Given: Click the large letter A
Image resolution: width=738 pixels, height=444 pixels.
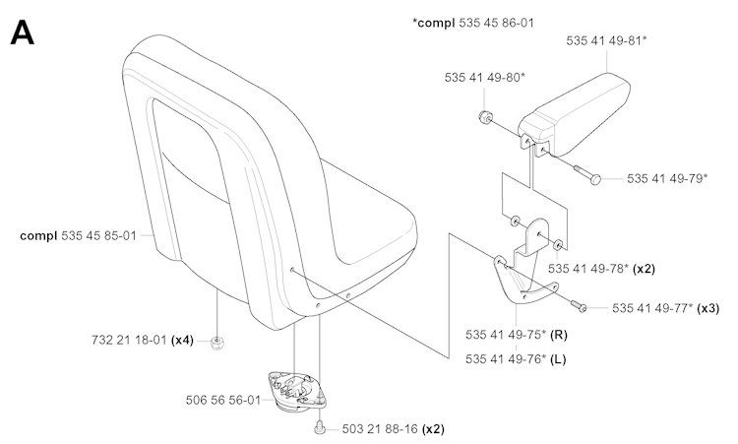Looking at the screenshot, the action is (x=22, y=32).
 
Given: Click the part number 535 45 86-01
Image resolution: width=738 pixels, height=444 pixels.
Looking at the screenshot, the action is (x=497, y=23).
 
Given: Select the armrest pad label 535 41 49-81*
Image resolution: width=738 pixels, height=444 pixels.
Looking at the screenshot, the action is (x=606, y=41).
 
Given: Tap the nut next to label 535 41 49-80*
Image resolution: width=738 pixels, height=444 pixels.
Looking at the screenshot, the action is (x=484, y=117).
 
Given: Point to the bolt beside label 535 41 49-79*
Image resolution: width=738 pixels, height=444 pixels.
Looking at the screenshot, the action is (x=587, y=173).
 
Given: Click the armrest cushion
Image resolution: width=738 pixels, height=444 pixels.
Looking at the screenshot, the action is (x=576, y=114).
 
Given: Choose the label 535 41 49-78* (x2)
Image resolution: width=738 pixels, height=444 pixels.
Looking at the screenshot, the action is (x=601, y=269).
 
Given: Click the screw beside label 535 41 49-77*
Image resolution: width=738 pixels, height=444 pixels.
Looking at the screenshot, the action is (x=579, y=305).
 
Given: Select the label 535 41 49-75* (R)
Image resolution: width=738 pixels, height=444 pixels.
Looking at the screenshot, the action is (x=517, y=335).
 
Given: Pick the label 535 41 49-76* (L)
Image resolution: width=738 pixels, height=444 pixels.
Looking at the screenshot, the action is (x=516, y=359).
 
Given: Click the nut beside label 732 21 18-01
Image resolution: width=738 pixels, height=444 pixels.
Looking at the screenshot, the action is (x=217, y=343).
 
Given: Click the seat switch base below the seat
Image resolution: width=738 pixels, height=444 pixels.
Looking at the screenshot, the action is (x=296, y=392).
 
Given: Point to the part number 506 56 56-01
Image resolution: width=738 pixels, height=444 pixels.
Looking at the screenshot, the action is (x=223, y=401).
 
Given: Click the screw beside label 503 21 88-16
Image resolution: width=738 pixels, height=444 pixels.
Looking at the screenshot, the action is (x=319, y=427).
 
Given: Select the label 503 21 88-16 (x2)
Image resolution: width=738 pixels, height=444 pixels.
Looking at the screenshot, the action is (x=393, y=429).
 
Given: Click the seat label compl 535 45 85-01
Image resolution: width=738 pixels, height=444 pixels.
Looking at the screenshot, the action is (x=78, y=235).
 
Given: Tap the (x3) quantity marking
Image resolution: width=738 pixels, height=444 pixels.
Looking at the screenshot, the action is (x=708, y=308).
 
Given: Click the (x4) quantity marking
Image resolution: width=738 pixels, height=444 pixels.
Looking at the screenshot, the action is (x=182, y=340).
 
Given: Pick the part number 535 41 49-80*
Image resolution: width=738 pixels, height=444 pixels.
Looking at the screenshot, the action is (x=485, y=78).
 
